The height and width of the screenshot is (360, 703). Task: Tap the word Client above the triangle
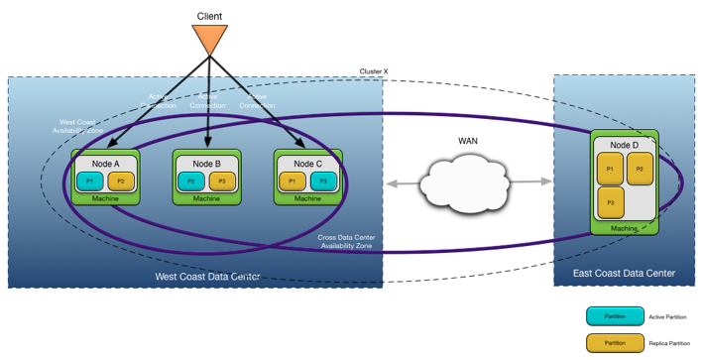click(209, 14)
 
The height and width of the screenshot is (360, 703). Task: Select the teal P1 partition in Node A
click(89, 180)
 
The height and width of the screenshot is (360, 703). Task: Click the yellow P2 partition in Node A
click(121, 180)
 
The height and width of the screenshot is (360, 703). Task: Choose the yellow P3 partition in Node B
click(221, 180)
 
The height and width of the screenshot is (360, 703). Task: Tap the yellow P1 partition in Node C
click(291, 180)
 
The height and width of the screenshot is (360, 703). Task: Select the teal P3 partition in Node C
click(322, 180)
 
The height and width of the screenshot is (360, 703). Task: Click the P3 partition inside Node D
click(610, 202)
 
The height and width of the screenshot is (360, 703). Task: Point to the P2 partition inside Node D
click(640, 170)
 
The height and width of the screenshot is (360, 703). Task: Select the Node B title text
click(206, 163)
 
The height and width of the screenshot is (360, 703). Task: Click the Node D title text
click(625, 144)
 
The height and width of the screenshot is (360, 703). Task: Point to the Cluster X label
click(374, 72)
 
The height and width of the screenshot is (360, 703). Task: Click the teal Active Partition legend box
click(615, 316)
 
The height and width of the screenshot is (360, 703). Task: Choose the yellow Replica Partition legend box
click(615, 342)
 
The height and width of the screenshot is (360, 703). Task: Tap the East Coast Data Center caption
click(625, 273)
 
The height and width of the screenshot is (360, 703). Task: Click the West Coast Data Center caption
click(207, 276)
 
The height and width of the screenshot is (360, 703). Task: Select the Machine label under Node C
click(307, 198)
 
